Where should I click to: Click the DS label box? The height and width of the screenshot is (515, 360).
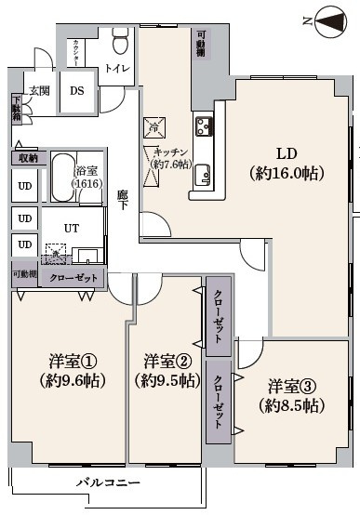[x=77, y=90]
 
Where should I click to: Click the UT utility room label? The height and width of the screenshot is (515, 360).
[x=71, y=226]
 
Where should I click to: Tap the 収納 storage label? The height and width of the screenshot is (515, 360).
[x=25, y=158]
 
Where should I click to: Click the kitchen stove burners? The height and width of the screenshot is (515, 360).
[x=205, y=125]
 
